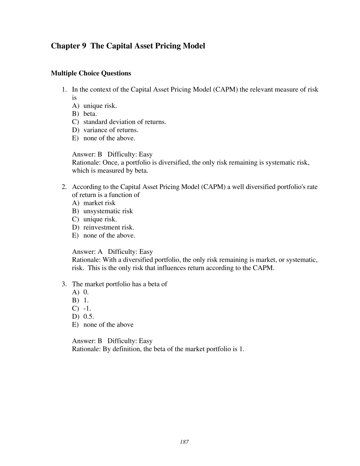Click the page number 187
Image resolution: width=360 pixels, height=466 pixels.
coord(185,442)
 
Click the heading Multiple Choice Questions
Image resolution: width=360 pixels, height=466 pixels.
coord(91,73)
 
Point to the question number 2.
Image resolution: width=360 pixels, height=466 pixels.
coord(64,187)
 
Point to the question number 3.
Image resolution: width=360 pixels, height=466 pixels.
coord(64,284)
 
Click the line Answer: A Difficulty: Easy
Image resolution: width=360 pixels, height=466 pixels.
coord(112,252)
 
